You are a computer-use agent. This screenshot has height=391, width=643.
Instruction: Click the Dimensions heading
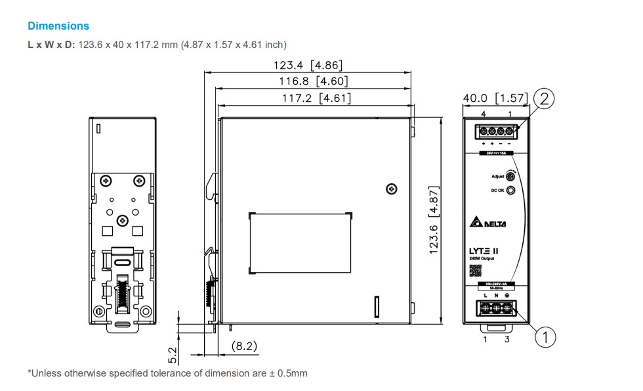[58, 26]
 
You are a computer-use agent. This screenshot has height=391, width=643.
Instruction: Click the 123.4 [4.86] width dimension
[308, 65]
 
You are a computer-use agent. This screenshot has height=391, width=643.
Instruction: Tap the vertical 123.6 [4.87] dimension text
[434, 220]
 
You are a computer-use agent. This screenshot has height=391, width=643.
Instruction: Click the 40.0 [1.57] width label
[495, 98]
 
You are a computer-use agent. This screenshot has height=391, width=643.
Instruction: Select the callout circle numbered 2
[544, 99]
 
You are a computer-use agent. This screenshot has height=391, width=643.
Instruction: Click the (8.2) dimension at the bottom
[244, 346]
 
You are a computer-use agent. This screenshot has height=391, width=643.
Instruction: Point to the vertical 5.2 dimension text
[173, 356]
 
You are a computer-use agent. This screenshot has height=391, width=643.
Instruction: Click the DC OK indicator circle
[510, 191]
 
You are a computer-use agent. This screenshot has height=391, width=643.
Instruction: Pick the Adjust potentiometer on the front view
[510, 176]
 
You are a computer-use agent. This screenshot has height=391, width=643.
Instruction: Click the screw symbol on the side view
[392, 189]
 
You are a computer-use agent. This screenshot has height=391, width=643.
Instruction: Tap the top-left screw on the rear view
[105, 180]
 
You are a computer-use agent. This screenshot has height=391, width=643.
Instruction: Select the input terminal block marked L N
[497, 308]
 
